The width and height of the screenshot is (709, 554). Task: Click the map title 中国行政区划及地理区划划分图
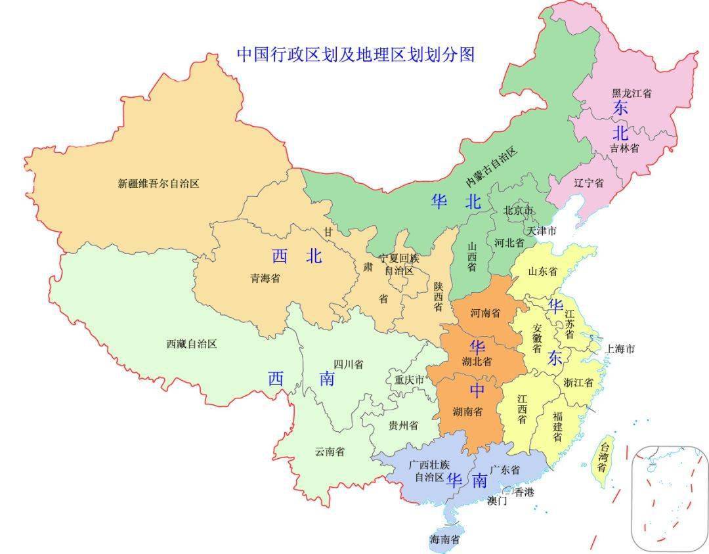355,54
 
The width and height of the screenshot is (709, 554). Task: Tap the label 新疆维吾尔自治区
158,184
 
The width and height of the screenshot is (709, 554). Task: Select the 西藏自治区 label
191,343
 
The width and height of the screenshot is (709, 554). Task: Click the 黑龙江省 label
632,94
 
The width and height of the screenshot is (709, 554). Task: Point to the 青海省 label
265,278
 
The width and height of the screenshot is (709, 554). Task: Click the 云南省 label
330,452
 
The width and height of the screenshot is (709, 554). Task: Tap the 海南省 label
444,540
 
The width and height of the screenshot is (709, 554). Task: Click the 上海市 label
620,349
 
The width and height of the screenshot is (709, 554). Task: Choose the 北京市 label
519,211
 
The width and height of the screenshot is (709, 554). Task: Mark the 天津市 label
542,231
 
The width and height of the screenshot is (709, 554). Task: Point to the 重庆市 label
409,379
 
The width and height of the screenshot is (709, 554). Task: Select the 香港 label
524,492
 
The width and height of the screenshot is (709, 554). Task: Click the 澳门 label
497,501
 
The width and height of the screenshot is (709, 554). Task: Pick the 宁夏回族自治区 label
398,264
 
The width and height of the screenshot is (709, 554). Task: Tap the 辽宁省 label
588,183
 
